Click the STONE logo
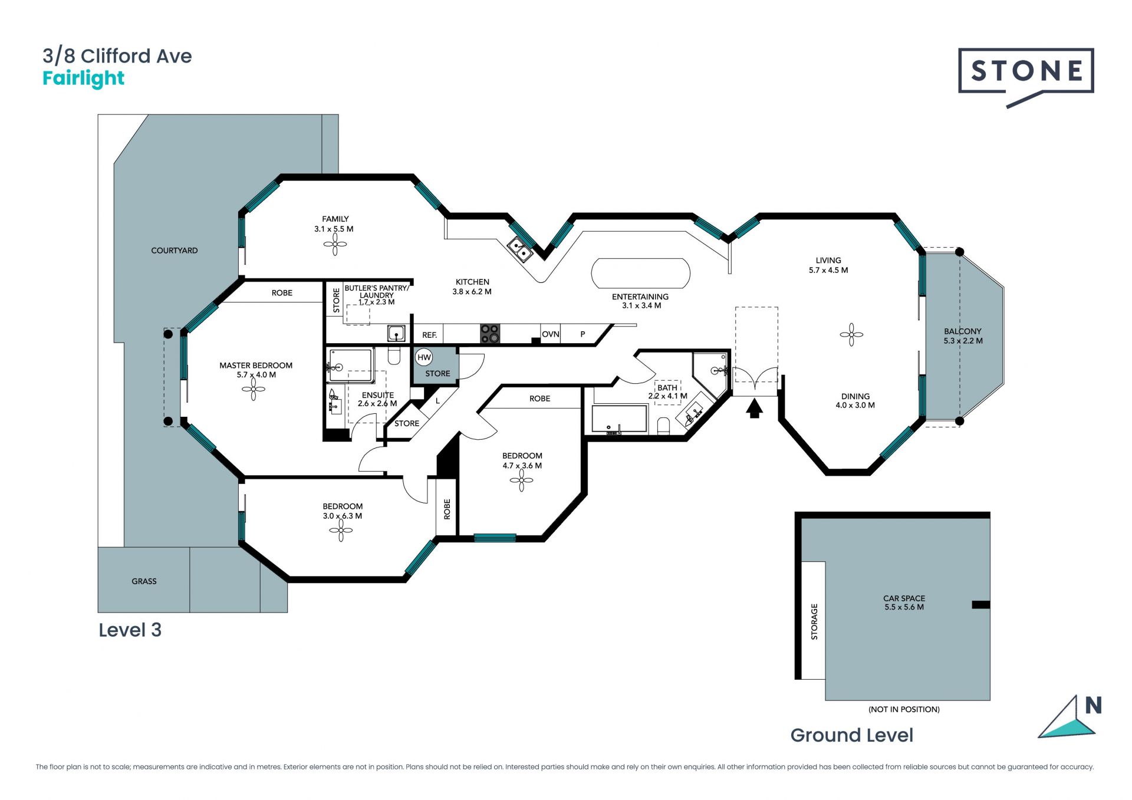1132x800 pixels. (x=1026, y=71)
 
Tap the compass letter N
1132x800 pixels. (x=1093, y=705)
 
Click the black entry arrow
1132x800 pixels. (x=755, y=409)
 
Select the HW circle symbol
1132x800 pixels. (x=424, y=357)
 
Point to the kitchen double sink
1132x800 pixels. (x=520, y=249)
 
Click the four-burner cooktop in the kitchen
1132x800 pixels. (x=489, y=333)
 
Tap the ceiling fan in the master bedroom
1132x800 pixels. (x=254, y=389)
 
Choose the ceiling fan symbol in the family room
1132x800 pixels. (x=335, y=244)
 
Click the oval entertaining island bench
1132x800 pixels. (x=640, y=274)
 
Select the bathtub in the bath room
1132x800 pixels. (x=620, y=419)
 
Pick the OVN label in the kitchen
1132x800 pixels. (x=550, y=334)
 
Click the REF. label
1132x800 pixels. (x=429, y=335)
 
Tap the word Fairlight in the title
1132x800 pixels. (x=83, y=78)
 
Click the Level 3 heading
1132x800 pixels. (x=130, y=630)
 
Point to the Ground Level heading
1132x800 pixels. (x=851, y=735)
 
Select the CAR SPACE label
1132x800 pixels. (x=904, y=598)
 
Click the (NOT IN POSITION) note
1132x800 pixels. (x=904, y=709)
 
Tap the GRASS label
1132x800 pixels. (x=144, y=581)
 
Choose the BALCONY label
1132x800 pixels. (x=962, y=331)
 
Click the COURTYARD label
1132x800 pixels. (x=174, y=251)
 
